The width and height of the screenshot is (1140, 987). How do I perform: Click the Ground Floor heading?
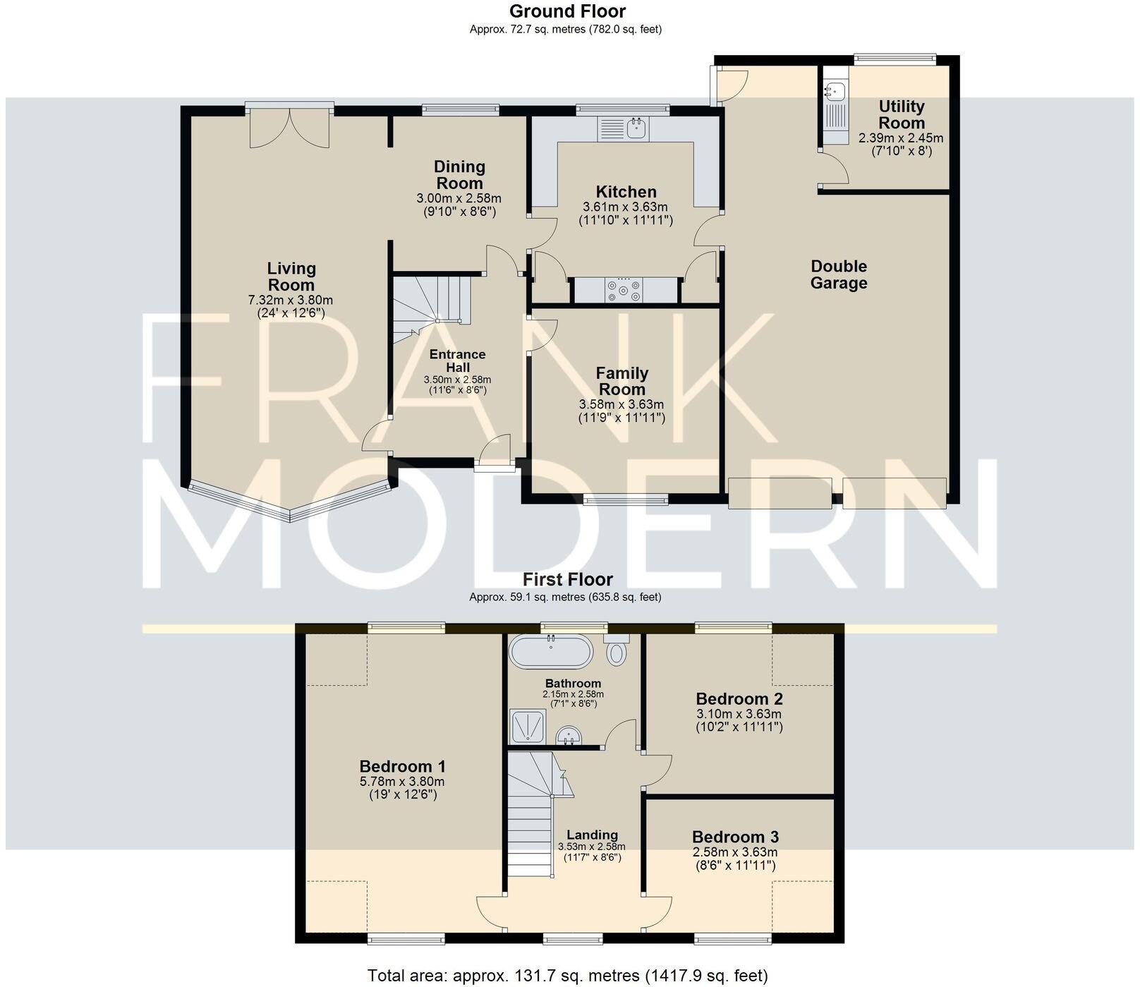(566, 11)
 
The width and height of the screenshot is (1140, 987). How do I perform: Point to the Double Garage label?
(838, 275)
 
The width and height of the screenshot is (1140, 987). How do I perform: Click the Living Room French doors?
(290, 127)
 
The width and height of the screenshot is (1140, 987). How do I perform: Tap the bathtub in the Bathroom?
(551, 652)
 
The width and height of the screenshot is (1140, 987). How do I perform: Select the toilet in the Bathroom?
(617, 650)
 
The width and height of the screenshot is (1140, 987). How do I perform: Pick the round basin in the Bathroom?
(569, 737)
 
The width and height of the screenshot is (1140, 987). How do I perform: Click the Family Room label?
(621, 381)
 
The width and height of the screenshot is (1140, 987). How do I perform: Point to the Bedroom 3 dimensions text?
(734, 859)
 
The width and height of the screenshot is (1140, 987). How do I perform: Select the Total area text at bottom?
(567, 976)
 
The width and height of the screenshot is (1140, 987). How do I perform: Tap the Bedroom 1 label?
(402, 766)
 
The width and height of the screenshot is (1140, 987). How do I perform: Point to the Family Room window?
(625, 500)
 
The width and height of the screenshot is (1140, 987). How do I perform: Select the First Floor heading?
(567, 579)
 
